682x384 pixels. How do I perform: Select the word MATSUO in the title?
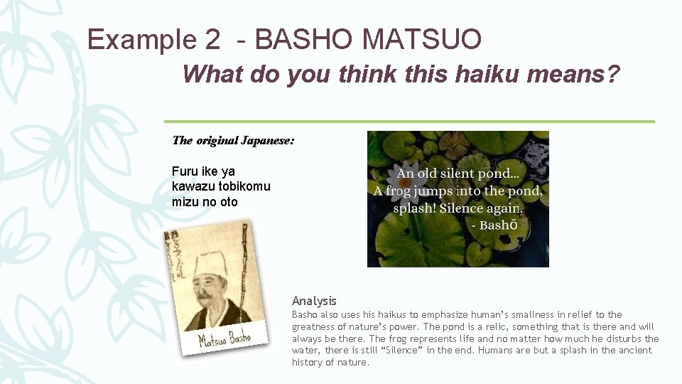tap(421, 40)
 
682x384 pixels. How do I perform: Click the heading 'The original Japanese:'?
tap(233, 140)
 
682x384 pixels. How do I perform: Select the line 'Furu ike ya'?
tap(203, 171)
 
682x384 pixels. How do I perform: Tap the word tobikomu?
tap(244, 186)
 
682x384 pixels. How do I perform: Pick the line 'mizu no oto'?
tap(205, 202)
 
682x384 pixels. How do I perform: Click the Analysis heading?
tap(314, 301)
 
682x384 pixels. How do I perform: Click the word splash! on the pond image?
tap(415, 208)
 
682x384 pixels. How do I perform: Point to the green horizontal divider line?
tap(409, 122)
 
